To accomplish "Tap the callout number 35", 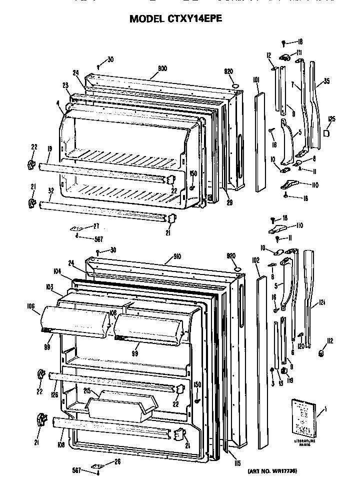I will (327, 81).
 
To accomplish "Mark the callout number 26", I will (117, 461).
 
